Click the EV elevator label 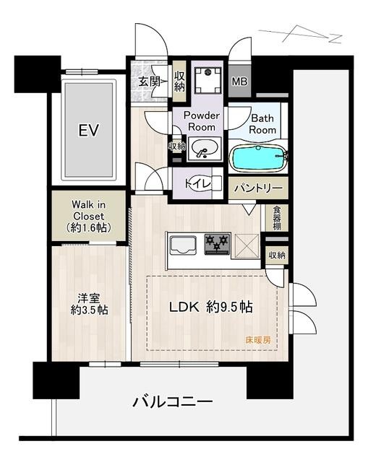[88, 130]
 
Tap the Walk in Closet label [88, 216]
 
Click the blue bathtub [258, 157]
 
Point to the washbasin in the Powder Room [205, 148]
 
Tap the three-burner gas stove [217, 244]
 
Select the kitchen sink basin [183, 244]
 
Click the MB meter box [239, 81]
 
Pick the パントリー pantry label [258, 188]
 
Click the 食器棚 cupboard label [277, 218]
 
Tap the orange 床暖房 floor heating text [258, 340]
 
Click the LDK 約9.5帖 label [210, 308]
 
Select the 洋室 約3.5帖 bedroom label [89, 305]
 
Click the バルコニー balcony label [172, 402]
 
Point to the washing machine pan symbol [208, 80]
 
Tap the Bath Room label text [262, 124]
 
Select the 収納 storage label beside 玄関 [179, 82]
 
